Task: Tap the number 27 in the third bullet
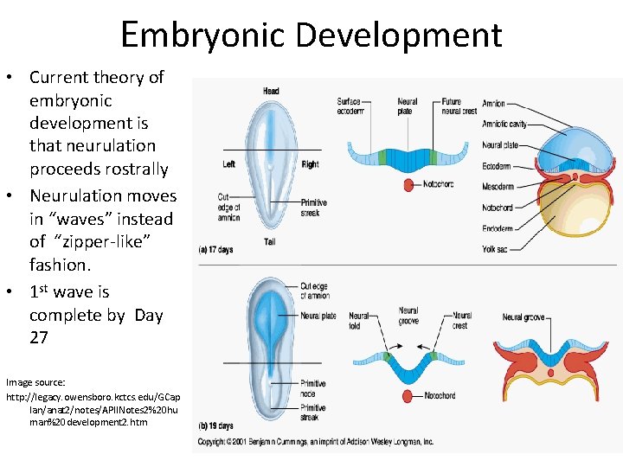coord(39,337)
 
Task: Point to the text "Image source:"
coord(35,381)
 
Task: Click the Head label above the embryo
coord(271,91)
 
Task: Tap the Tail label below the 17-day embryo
coord(269,242)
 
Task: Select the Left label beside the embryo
coord(228,164)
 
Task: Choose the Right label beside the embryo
coord(311,164)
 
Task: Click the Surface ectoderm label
coord(350,106)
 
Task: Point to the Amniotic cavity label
coord(504,125)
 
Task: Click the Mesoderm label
coord(498,187)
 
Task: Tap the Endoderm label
coord(498,228)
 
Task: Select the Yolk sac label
coord(495,250)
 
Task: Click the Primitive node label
coord(312,387)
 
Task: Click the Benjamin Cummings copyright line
coord(316,442)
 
